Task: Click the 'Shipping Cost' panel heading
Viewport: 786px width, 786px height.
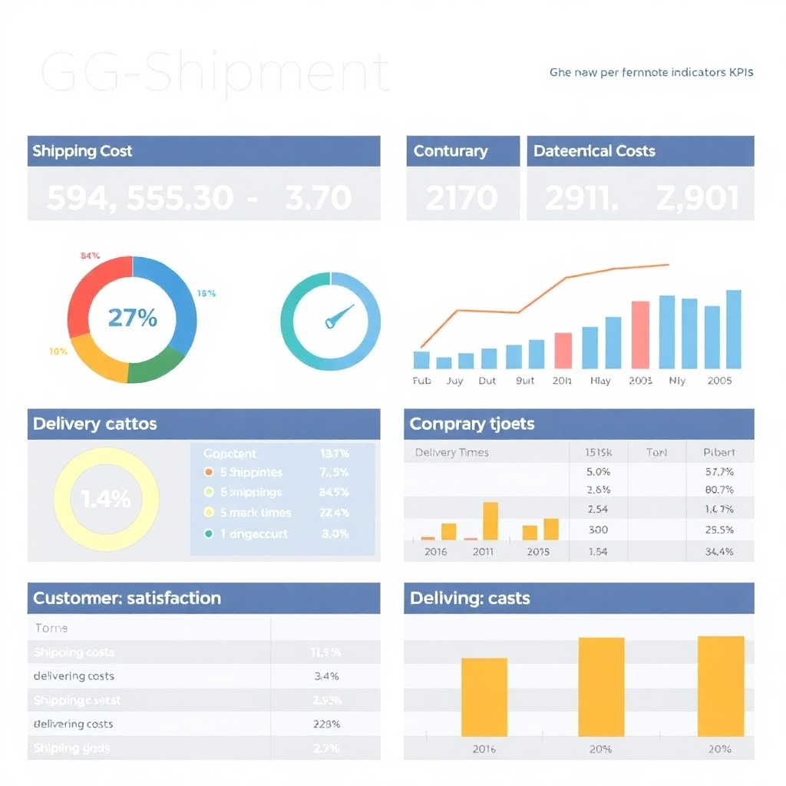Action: [82, 151]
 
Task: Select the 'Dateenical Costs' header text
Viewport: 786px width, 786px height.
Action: [594, 151]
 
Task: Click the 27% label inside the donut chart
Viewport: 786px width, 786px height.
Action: [132, 317]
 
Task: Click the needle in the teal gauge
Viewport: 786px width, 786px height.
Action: [338, 315]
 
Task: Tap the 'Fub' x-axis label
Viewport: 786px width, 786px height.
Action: [421, 381]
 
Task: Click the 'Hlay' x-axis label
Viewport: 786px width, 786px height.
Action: [600, 381]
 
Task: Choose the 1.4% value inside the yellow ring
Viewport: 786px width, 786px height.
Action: [106, 500]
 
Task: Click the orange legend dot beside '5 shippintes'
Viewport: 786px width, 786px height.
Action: [209, 472]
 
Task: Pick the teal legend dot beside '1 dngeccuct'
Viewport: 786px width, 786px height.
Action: [209, 533]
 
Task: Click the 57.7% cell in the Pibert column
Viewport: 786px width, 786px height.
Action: [718, 472]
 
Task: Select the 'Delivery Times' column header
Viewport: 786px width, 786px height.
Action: [451, 452]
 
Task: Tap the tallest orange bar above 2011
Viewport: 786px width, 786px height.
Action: [490, 520]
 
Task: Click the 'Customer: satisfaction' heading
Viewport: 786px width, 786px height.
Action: [127, 598]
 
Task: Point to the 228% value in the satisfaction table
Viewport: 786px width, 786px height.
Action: [327, 724]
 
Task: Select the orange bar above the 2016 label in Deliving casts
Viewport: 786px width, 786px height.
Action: [484, 697]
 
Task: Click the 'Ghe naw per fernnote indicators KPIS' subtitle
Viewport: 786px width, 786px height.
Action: [651, 73]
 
